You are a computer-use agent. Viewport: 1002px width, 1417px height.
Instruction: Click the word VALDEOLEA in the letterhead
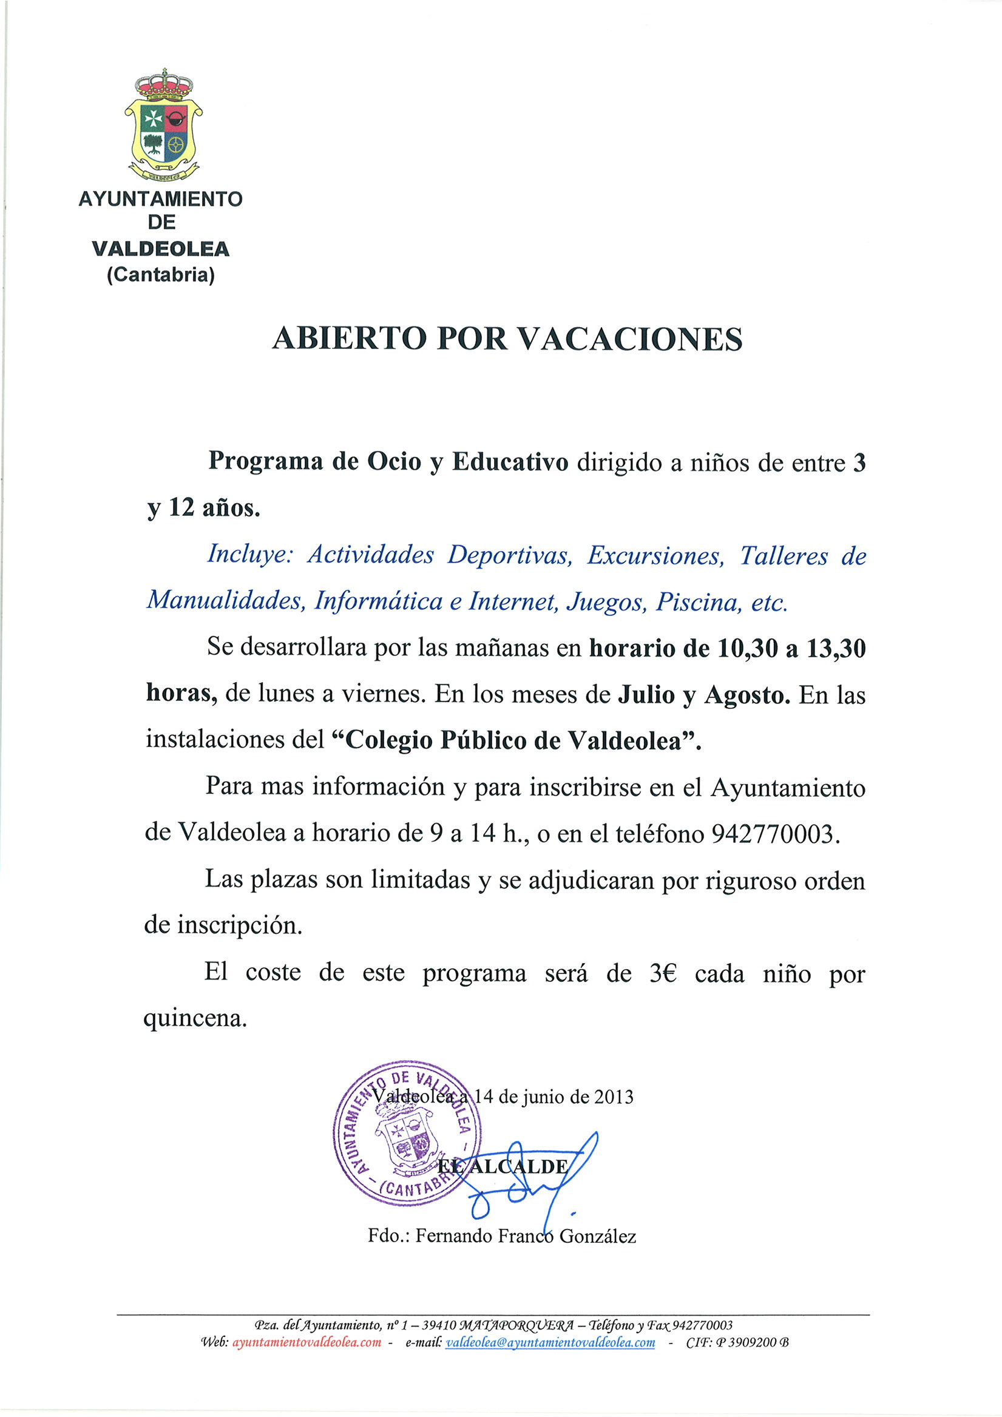click(160, 249)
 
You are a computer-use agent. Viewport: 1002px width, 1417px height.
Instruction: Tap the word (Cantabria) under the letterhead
click(160, 274)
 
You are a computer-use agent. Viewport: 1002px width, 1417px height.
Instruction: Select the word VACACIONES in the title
click(629, 339)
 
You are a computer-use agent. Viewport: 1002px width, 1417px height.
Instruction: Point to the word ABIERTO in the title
click(350, 339)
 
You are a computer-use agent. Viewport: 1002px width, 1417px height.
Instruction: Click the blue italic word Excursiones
click(654, 556)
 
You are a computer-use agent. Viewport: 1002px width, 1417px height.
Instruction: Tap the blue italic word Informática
click(379, 602)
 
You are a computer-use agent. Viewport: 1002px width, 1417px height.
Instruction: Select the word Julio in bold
click(646, 695)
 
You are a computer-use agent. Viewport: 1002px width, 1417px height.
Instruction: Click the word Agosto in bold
click(747, 695)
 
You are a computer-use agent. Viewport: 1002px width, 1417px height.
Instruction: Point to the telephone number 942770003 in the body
click(776, 834)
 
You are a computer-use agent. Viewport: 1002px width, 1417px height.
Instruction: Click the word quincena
click(195, 1018)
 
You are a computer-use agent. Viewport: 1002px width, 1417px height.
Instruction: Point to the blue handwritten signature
click(531, 1179)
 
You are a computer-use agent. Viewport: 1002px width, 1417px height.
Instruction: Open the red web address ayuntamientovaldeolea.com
click(306, 1342)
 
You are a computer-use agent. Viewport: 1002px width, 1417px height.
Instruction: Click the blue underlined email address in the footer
click(549, 1342)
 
